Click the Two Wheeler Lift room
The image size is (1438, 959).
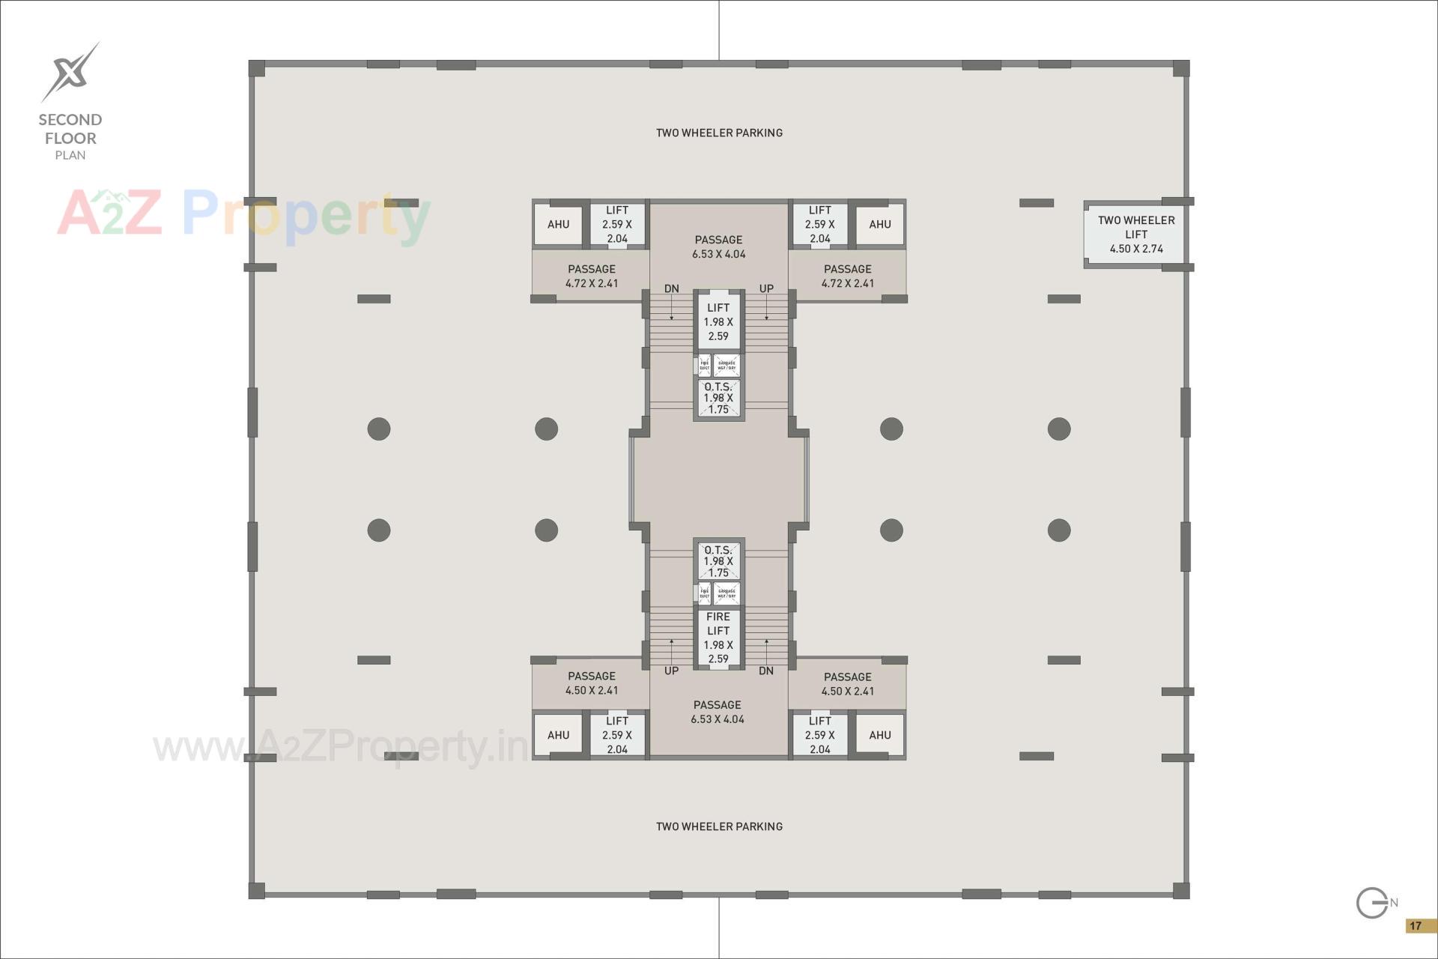click(1135, 235)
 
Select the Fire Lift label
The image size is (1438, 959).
click(718, 623)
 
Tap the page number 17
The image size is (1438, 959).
click(1415, 926)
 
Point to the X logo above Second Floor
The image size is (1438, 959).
click(70, 72)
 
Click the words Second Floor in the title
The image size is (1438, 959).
click(70, 129)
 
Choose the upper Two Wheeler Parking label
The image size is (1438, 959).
click(719, 133)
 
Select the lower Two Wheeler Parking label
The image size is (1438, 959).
click(719, 826)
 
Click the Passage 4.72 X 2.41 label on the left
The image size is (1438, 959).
click(592, 276)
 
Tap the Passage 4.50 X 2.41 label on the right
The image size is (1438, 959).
click(847, 684)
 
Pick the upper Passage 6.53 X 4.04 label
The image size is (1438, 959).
click(718, 246)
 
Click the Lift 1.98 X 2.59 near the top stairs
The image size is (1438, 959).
click(718, 322)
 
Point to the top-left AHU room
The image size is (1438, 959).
click(558, 224)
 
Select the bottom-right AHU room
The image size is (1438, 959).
click(880, 735)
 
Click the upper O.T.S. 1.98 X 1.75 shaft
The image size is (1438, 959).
click(718, 398)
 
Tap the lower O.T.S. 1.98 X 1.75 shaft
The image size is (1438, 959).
click(718, 561)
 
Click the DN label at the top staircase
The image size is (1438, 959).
click(671, 288)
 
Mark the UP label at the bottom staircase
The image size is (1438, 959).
click(671, 671)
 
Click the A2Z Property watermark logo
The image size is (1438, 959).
click(243, 214)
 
